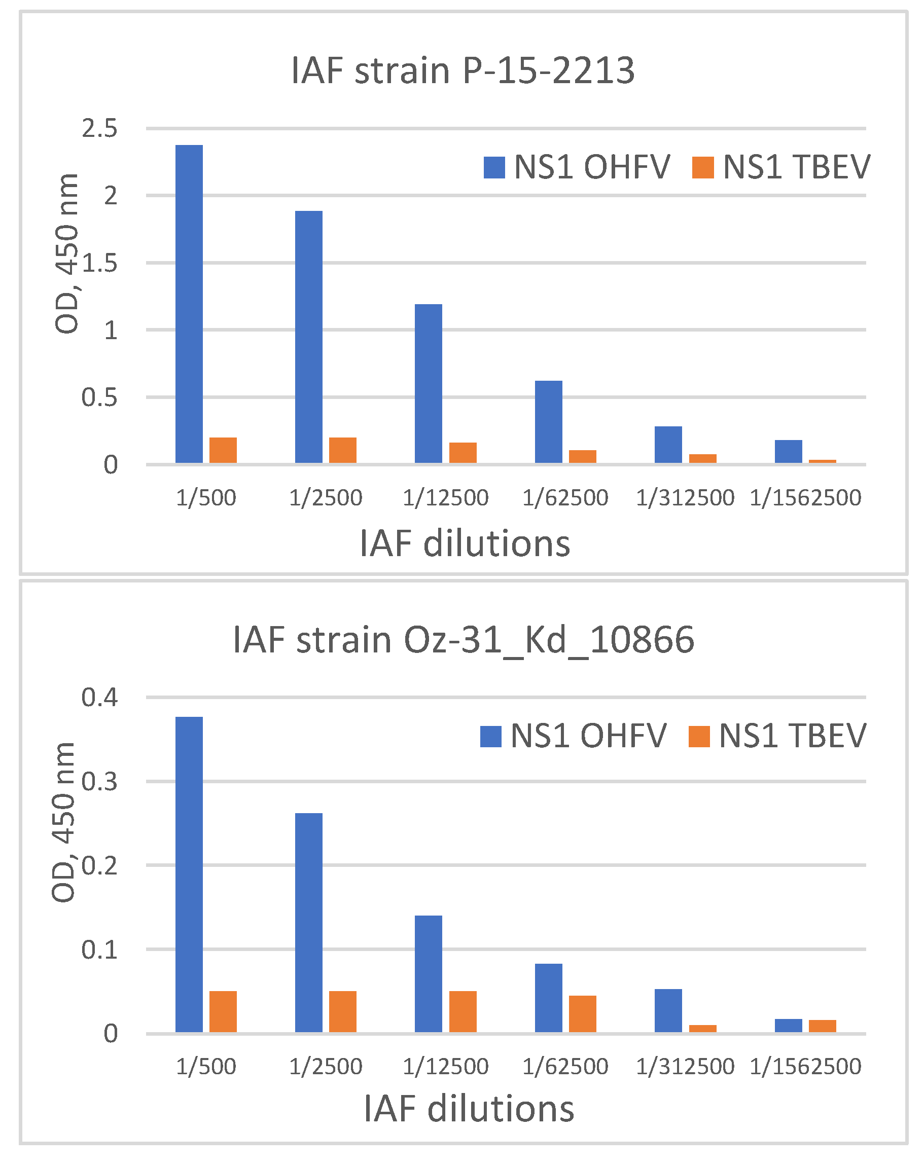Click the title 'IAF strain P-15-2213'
(463, 70)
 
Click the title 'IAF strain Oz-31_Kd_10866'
(463, 639)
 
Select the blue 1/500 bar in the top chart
(189, 304)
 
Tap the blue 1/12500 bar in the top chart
(429, 383)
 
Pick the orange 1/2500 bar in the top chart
(342, 450)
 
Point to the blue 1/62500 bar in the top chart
(549, 422)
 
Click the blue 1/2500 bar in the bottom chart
(309, 923)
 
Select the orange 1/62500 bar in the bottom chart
(583, 1013)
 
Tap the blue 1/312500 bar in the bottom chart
(668, 1010)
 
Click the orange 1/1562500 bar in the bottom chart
(822, 1026)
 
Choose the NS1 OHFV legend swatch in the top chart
(494, 167)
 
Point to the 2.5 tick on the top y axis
(99, 129)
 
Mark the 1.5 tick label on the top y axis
(99, 263)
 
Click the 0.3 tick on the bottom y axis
(99, 782)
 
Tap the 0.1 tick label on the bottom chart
(99, 950)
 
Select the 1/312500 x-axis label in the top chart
(685, 497)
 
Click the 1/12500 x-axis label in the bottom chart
(445, 1067)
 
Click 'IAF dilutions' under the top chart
(465, 543)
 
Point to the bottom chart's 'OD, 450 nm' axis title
(64, 822)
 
